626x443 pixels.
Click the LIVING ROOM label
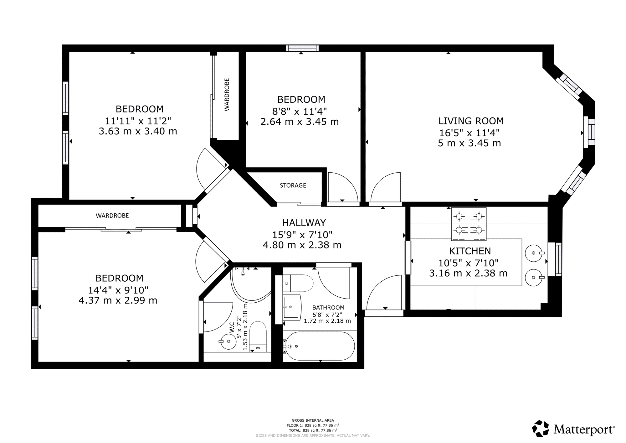point(471,121)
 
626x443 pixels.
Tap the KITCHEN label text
point(470,251)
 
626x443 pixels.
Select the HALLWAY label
point(304,223)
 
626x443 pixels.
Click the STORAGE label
point(293,185)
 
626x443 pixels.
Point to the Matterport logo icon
point(541,428)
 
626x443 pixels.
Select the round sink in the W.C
point(228,341)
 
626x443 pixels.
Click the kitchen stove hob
point(469,224)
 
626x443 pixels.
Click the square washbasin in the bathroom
point(292,307)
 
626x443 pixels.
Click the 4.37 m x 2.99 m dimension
point(118,300)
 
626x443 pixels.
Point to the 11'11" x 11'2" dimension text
point(138,121)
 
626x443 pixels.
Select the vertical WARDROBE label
point(227,95)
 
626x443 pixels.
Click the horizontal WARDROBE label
point(112,216)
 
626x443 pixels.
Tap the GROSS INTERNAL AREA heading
point(313,420)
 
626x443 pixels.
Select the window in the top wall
point(302,48)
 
